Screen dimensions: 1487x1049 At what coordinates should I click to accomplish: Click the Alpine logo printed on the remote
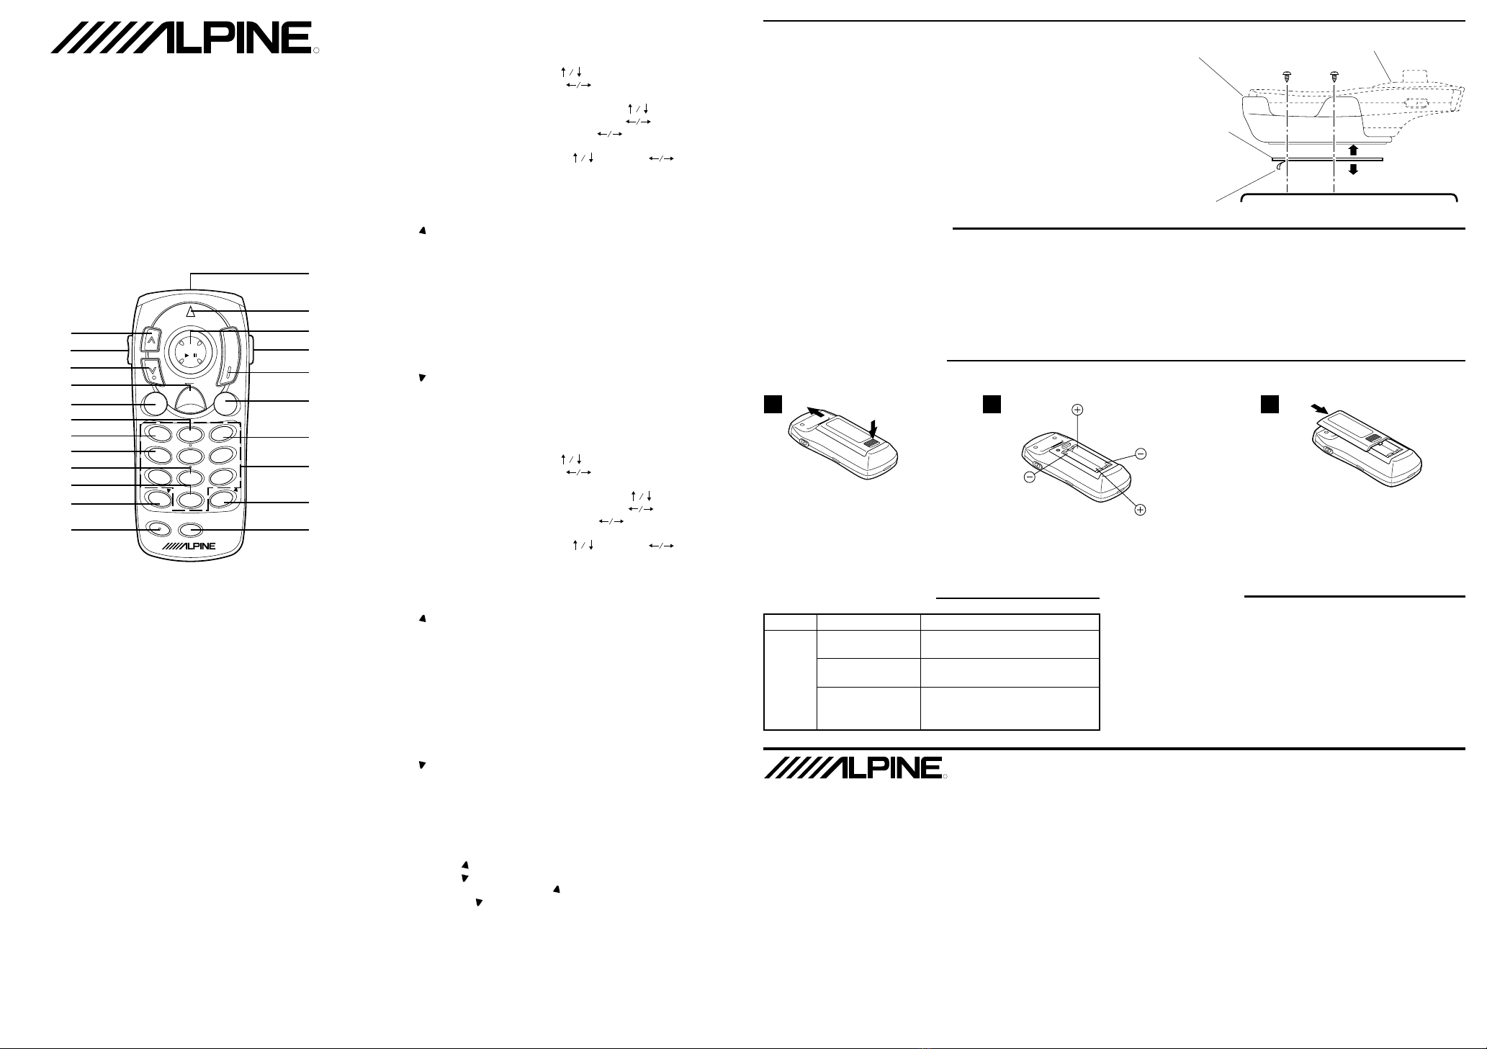(x=189, y=546)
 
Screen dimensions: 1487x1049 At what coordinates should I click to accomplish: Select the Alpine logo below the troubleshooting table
(x=853, y=767)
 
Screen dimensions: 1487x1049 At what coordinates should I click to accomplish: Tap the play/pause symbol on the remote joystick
(x=190, y=356)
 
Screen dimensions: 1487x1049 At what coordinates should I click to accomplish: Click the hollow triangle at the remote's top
(x=190, y=311)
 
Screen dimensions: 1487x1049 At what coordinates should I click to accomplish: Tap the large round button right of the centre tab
(x=225, y=404)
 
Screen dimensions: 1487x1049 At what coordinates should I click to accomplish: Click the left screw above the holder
(x=1287, y=75)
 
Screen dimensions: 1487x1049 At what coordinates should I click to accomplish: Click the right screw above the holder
(x=1334, y=75)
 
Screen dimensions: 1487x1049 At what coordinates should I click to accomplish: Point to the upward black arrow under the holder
(x=1353, y=149)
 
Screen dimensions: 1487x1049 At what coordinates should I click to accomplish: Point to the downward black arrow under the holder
(x=1353, y=169)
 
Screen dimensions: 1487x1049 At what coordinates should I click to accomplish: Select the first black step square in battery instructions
(x=772, y=405)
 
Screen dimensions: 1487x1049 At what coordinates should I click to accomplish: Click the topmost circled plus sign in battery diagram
(x=1077, y=410)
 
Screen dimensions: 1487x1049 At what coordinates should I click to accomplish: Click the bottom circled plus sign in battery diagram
(x=1141, y=510)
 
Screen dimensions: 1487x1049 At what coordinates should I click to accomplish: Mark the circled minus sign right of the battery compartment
(x=1141, y=454)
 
